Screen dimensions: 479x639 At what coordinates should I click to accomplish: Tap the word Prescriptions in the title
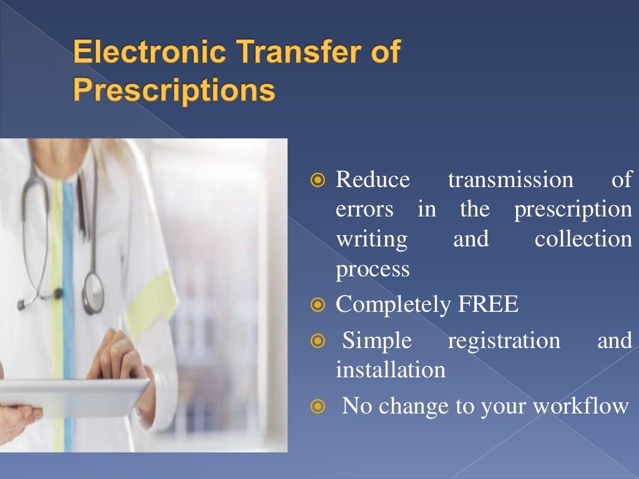(x=174, y=90)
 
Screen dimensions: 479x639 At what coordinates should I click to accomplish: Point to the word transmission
(x=510, y=180)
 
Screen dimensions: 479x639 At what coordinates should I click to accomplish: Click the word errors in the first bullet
(x=364, y=210)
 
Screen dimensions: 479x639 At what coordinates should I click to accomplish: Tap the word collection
(x=583, y=239)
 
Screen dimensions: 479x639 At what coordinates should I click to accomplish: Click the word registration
(x=504, y=341)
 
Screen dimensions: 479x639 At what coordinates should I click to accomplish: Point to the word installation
(x=391, y=370)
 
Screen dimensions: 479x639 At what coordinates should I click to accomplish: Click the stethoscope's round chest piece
(x=94, y=293)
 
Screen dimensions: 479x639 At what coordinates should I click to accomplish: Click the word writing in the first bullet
(x=371, y=239)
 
